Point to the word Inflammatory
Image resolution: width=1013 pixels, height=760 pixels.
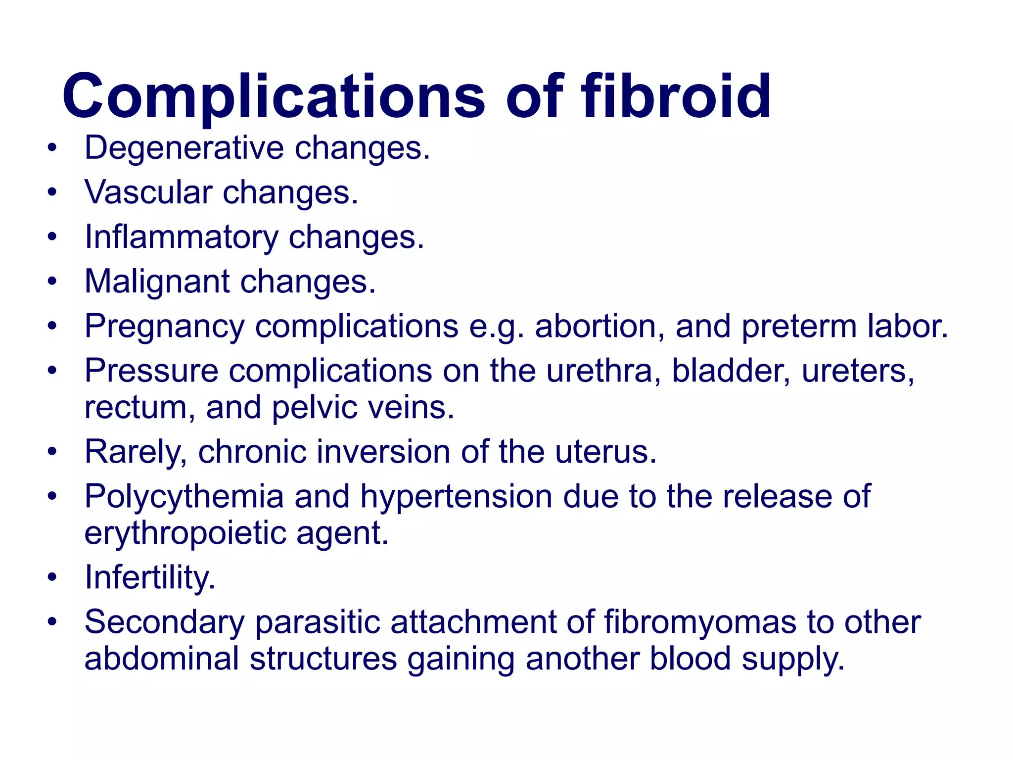(181, 237)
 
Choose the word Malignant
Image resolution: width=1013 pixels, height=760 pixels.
(157, 282)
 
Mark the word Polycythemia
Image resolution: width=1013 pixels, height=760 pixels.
(184, 497)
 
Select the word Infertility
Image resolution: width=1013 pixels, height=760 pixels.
(150, 577)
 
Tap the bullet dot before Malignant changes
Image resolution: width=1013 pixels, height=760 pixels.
(52, 282)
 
